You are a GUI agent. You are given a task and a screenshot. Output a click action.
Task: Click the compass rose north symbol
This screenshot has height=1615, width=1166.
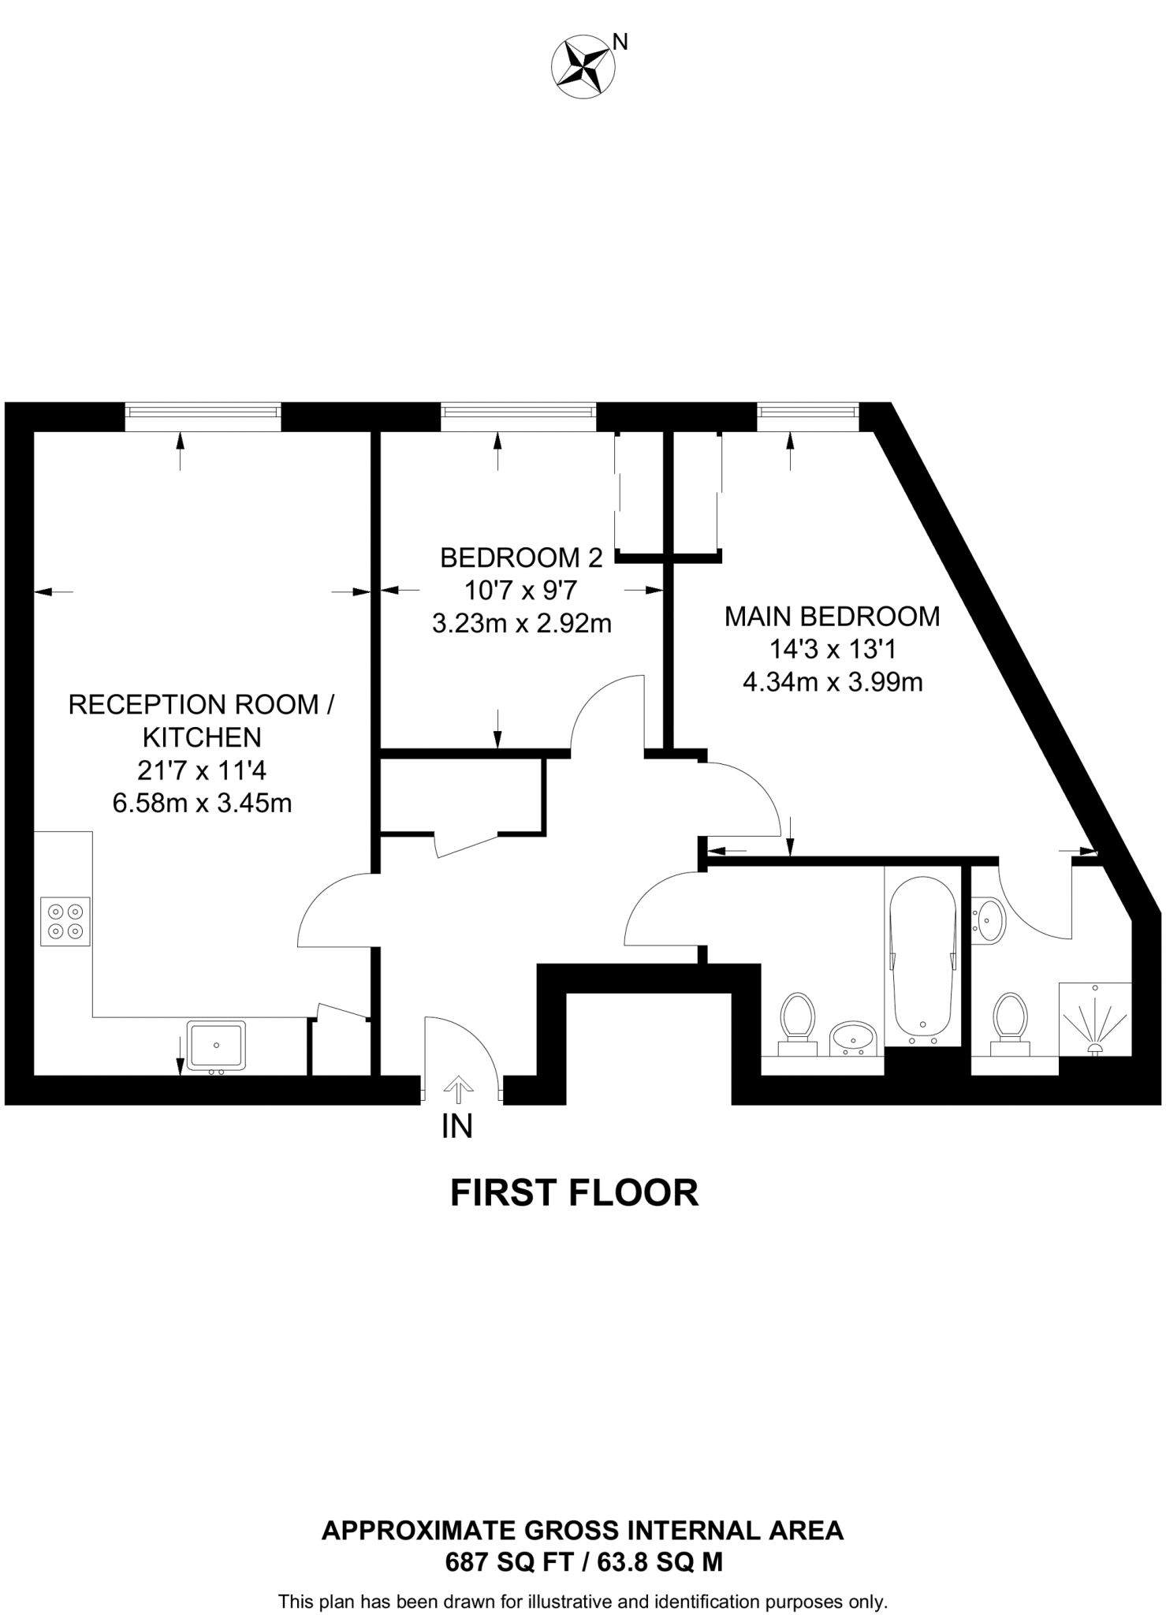pos(584,66)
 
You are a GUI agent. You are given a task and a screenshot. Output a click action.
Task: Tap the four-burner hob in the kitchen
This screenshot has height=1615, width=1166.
pos(65,921)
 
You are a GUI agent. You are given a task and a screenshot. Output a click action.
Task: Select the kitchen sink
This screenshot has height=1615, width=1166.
pos(216,1046)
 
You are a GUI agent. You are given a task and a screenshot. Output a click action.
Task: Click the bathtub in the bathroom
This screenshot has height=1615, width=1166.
pos(922,958)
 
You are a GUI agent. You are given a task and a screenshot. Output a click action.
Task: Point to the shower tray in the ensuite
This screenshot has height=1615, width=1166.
pos(1094,1019)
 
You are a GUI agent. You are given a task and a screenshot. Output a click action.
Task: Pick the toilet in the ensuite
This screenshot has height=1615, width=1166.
pos(1010,1023)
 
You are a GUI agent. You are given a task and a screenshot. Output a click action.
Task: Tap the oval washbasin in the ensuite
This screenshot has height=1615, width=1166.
pos(989,920)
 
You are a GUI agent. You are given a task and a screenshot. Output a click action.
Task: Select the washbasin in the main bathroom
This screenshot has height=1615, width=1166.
pos(853,1038)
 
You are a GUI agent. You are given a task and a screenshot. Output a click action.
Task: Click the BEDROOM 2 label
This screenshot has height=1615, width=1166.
pos(521,558)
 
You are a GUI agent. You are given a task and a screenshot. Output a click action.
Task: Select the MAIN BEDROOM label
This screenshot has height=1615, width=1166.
pos(832,616)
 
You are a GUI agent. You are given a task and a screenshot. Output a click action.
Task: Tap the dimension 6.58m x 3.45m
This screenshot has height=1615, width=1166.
pos(203,803)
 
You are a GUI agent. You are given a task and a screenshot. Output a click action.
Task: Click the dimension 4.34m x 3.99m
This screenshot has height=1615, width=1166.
pos(833,681)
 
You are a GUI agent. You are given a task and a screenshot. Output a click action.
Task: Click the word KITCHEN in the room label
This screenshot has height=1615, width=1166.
pos(202,737)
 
